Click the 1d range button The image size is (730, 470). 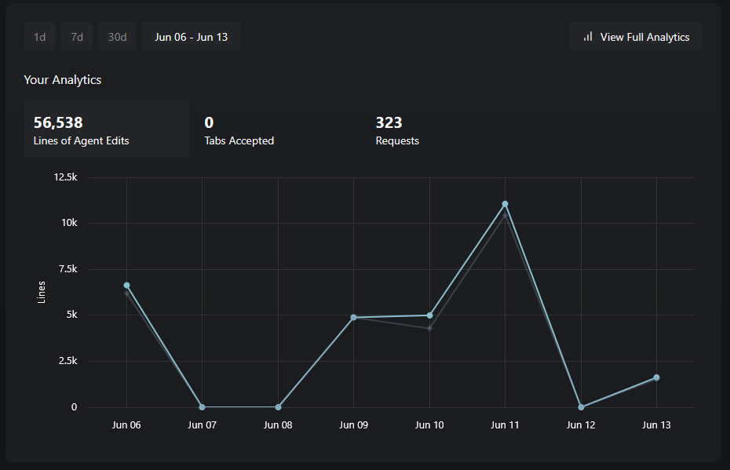tap(39, 37)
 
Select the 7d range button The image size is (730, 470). tap(77, 37)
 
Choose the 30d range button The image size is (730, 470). tap(117, 37)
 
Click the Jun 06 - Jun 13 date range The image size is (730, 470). tap(191, 37)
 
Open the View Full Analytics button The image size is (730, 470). tap(635, 37)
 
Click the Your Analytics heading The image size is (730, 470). tap(63, 79)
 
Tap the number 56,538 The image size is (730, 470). tap(58, 122)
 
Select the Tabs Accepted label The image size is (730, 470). tap(239, 141)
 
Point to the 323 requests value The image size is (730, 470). tap(389, 122)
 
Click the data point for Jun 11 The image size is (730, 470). tap(505, 204)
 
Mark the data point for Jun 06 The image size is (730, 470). tap(126, 286)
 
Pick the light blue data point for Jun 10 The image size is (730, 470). tap(429, 315)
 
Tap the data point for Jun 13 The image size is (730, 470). tap(656, 377)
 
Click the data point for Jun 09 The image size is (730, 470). tap(353, 317)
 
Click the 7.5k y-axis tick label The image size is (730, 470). tap(67, 269)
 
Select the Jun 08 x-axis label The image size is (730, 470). tap(278, 425)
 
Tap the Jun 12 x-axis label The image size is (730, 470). tap(580, 425)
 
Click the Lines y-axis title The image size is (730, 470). tap(42, 292)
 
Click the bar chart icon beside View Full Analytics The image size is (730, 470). tap(588, 37)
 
